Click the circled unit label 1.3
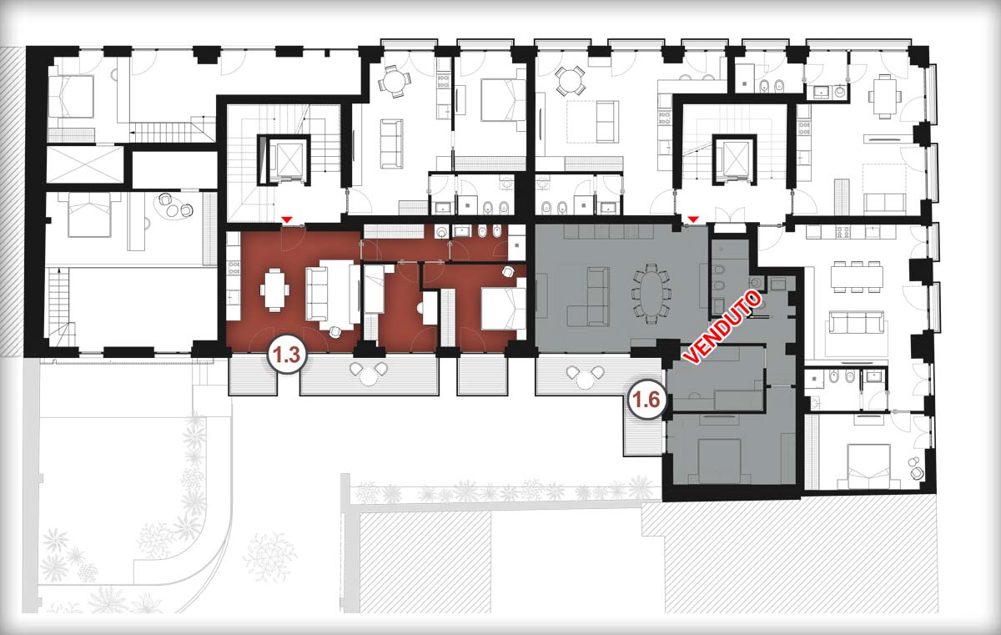coord(286,355)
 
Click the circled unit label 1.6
coord(647,399)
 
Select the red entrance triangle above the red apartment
coord(288,219)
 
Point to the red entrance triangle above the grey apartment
coord(693,219)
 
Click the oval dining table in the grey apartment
coord(651,294)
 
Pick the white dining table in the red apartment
coord(274,290)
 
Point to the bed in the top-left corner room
coord(72,96)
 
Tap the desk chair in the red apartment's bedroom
coord(508,271)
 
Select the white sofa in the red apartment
coord(333,294)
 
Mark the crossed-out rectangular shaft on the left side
coord(85,164)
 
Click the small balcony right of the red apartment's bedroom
coord(482,375)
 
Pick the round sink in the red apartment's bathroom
coord(441,231)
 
